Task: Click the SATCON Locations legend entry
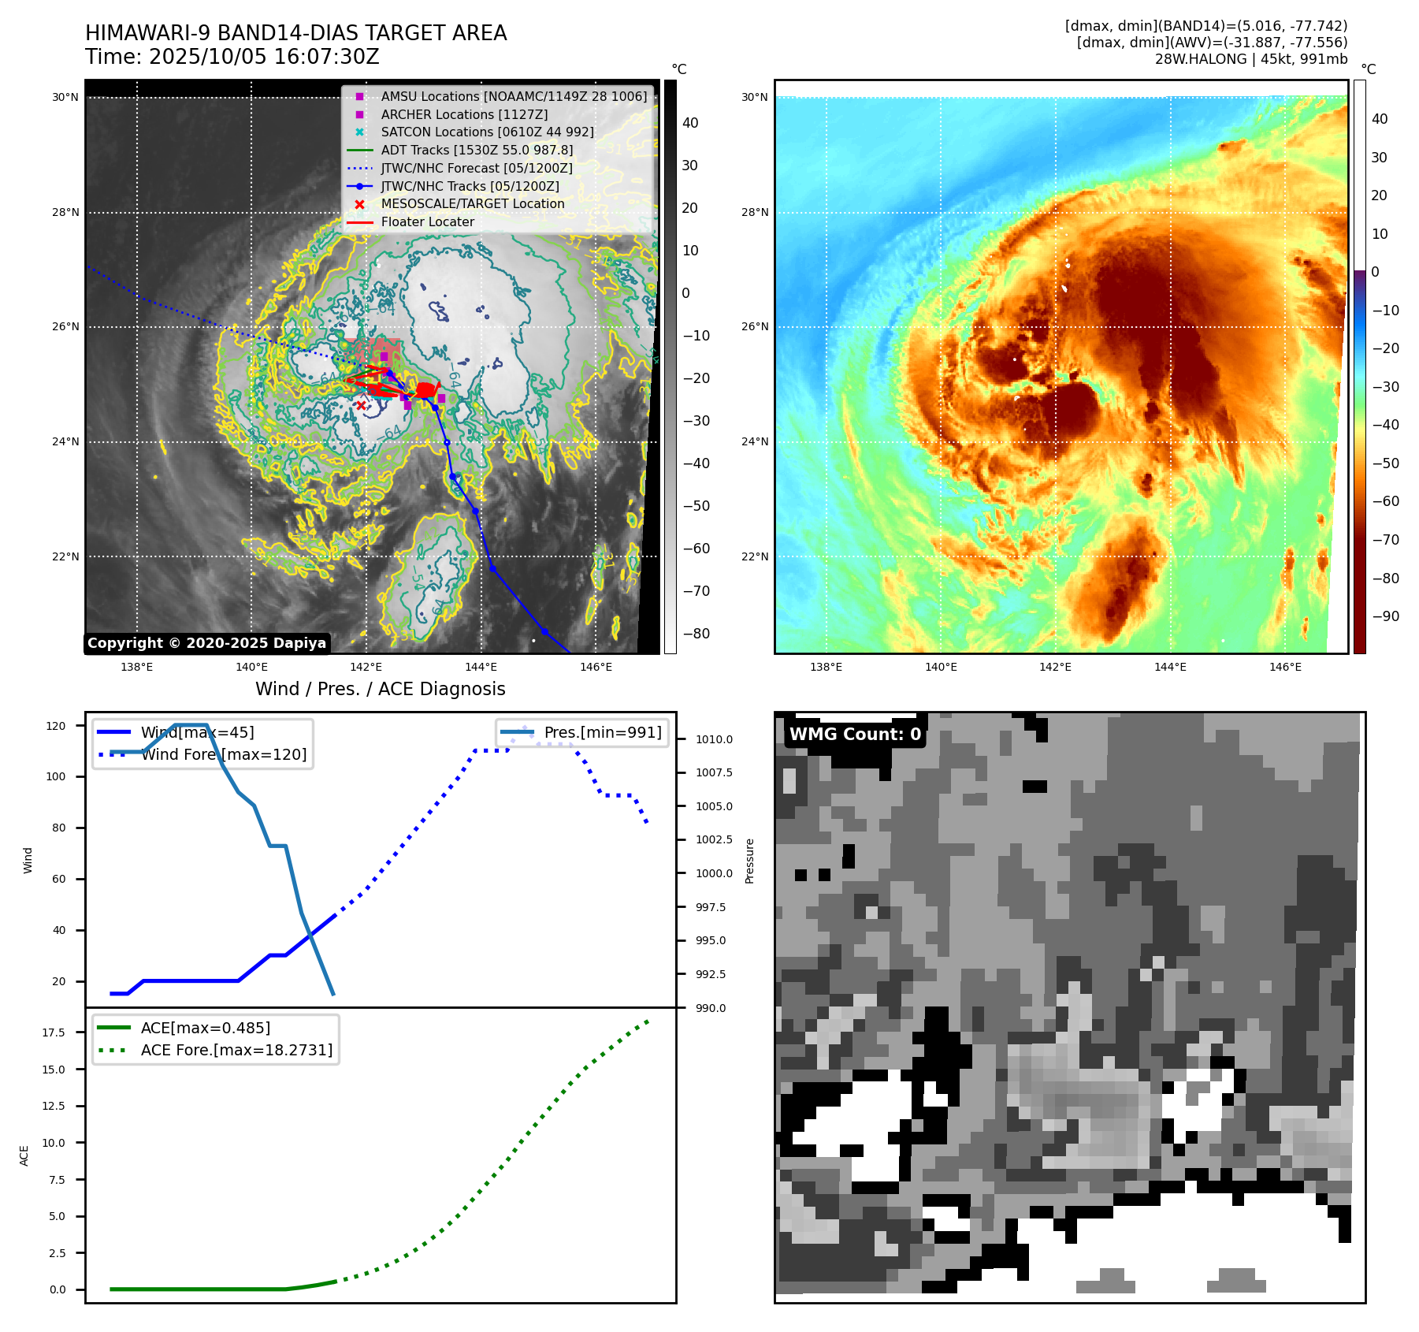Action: click(x=487, y=132)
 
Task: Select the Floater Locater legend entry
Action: click(x=427, y=222)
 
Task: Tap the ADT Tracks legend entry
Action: click(x=477, y=151)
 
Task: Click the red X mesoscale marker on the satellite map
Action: click(x=361, y=405)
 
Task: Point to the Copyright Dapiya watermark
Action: click(x=206, y=643)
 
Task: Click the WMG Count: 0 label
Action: click(x=855, y=735)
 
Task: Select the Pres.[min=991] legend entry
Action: click(x=602, y=732)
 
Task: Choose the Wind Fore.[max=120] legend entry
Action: click(x=224, y=754)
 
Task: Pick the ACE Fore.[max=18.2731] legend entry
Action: click(x=236, y=1050)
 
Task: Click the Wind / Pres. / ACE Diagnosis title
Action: click(x=381, y=689)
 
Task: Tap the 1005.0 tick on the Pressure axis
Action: click(x=714, y=806)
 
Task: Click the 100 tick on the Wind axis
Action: click(x=56, y=776)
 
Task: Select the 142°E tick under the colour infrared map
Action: click(x=1055, y=668)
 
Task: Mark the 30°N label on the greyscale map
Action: click(x=65, y=98)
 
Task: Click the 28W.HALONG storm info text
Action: click(x=1250, y=59)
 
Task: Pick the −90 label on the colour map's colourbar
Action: click(x=1385, y=616)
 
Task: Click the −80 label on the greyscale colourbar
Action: click(x=696, y=634)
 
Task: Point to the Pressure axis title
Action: click(x=749, y=861)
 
